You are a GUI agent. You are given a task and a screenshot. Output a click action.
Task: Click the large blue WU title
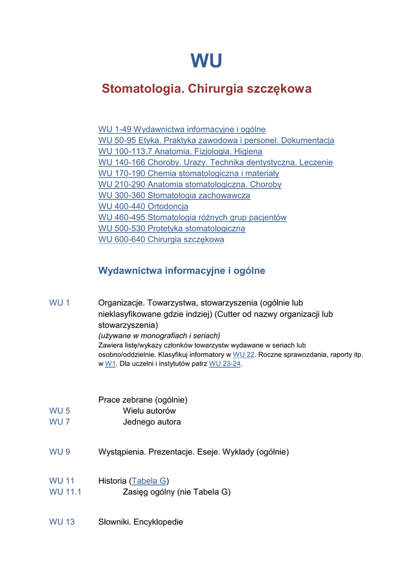point(206,61)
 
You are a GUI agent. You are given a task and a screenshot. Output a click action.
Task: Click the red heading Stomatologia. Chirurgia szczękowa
point(206,89)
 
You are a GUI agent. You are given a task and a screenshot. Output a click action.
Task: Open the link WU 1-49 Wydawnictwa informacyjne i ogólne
point(182,130)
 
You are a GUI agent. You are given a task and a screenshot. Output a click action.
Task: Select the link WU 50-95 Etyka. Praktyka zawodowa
point(216,141)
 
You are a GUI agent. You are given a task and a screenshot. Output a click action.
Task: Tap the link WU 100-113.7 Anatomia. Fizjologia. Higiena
point(180,151)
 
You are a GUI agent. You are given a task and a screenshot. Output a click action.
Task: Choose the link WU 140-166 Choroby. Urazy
point(215,163)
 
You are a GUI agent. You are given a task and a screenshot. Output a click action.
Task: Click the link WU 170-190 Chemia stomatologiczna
point(188,174)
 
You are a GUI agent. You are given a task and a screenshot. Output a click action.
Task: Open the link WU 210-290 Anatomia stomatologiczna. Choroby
point(190,185)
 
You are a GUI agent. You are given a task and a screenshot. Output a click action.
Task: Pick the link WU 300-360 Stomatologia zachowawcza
point(174,195)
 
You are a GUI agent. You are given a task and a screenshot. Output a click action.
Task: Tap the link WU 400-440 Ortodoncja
point(143,206)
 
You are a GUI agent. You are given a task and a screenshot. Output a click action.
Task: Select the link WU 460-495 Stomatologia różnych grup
point(192,218)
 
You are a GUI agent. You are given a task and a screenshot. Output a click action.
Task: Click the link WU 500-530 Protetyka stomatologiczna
point(171,229)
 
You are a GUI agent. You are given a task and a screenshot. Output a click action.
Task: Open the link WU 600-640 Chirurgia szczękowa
point(161,240)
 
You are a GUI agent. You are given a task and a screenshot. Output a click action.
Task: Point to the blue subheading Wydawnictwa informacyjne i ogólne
point(182,271)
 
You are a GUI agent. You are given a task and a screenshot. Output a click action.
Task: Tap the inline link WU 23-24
point(225,364)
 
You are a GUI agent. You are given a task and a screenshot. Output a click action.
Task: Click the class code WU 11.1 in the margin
point(65,492)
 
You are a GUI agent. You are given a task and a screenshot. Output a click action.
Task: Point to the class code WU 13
point(62,522)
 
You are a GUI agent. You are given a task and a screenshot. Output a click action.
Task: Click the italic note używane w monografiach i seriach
point(159,336)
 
